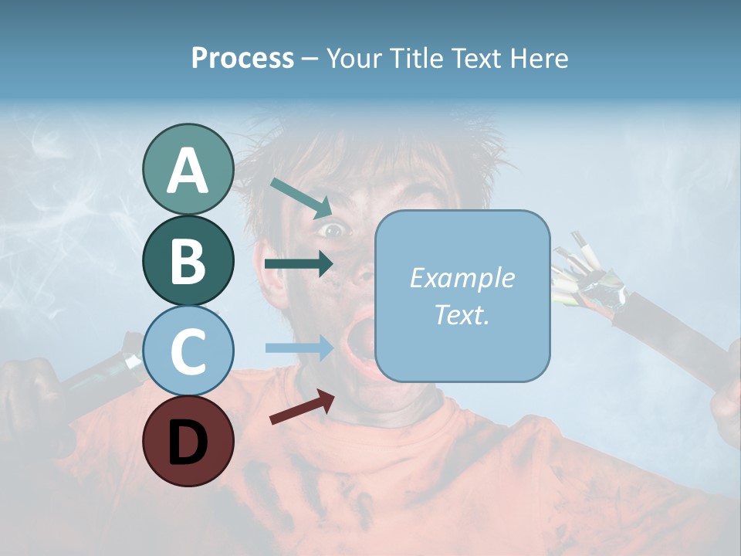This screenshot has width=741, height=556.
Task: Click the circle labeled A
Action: point(188,169)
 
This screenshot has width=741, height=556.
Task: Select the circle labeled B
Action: point(188,260)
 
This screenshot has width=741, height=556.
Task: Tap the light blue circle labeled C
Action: point(188,351)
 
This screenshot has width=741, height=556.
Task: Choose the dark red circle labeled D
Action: point(188,441)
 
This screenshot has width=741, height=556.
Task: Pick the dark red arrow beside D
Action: point(301,406)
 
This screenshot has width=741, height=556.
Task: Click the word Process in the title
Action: point(242,58)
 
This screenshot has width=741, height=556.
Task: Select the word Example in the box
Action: point(462,278)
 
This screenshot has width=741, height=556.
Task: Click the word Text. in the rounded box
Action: point(462,315)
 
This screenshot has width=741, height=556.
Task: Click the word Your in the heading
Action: point(354,58)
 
